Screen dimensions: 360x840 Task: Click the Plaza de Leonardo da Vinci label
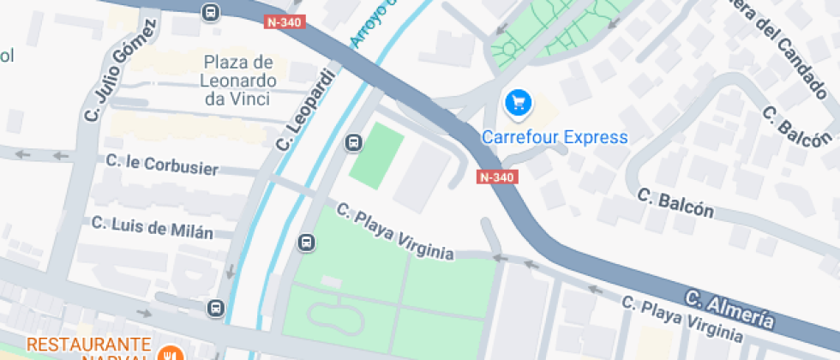[x=238, y=81]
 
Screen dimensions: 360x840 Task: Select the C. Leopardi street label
[x=303, y=108]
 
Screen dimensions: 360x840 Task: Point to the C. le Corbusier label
[x=162, y=165]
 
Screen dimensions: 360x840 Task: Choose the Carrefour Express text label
[x=555, y=137]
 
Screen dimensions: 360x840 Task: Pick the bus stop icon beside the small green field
[x=353, y=142]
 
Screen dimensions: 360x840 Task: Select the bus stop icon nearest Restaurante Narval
[x=215, y=307]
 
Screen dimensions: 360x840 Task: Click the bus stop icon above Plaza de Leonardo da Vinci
[x=210, y=13]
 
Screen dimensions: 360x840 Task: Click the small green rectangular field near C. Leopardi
[x=376, y=157]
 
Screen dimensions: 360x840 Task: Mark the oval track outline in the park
[x=335, y=317]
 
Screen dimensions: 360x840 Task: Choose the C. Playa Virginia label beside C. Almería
[x=681, y=317]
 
